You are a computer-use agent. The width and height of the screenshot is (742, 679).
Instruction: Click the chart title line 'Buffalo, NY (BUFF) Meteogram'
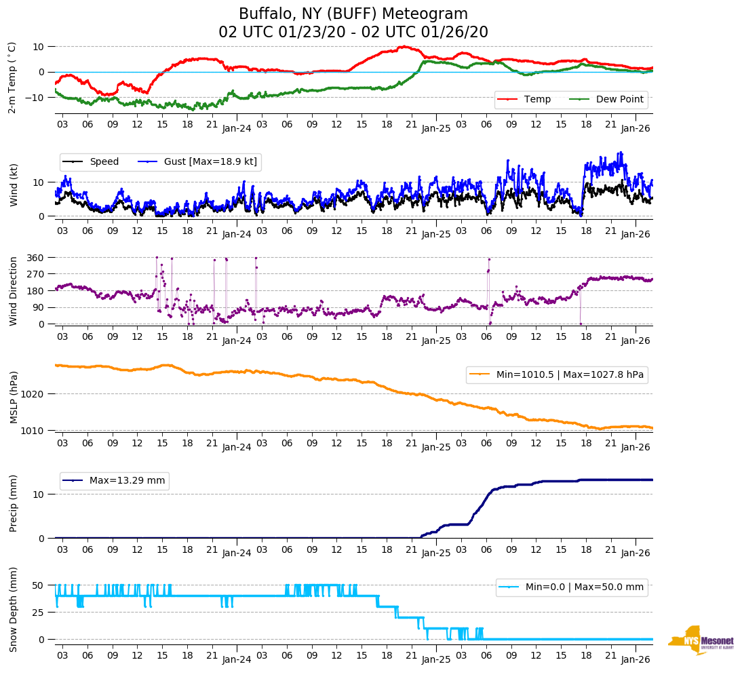[x=353, y=14]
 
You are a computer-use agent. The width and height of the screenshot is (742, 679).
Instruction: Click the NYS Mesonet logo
[x=701, y=641]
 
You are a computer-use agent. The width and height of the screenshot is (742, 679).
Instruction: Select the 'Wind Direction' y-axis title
[x=13, y=291]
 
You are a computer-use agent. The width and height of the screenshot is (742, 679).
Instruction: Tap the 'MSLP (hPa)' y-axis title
[x=13, y=397]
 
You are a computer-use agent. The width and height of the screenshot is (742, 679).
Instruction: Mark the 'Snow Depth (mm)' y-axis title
[x=13, y=609]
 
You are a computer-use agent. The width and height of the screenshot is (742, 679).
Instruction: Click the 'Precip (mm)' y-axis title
[x=13, y=503]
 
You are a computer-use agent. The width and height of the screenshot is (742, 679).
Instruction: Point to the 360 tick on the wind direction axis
[x=37, y=258]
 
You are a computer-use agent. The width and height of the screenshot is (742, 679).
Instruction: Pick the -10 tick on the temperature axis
[x=35, y=98]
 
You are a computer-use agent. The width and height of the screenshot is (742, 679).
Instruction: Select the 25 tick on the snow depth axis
[x=39, y=613]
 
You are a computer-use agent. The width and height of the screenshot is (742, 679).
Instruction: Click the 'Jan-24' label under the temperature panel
[x=236, y=128]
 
